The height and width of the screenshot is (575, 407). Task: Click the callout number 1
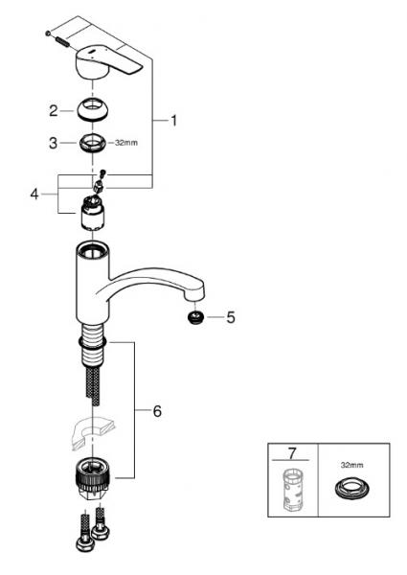(174, 121)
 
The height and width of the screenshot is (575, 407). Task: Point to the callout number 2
(55, 111)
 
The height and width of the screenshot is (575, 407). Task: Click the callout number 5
(230, 316)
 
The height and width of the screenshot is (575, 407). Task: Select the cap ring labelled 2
(92, 109)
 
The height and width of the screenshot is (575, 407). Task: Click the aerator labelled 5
(194, 316)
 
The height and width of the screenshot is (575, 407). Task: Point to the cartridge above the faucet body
(93, 213)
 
